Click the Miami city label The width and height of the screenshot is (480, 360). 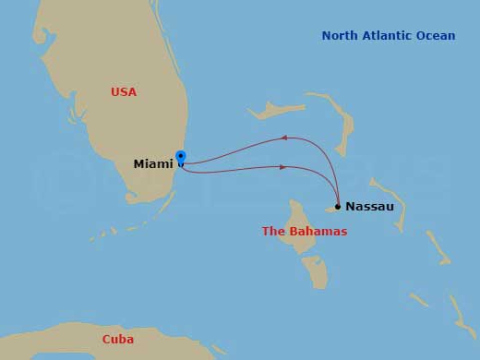[x=152, y=164]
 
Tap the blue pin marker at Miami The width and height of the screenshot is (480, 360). [x=181, y=157]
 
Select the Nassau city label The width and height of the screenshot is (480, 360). [x=369, y=207]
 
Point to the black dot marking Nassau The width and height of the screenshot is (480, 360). [x=338, y=207]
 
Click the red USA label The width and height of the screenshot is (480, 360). [x=124, y=92]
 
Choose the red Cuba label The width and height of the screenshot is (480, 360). [x=117, y=340]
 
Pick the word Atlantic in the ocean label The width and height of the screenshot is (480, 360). [x=391, y=36]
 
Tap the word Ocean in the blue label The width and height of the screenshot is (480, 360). [x=438, y=36]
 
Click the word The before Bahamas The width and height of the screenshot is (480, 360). [x=274, y=232]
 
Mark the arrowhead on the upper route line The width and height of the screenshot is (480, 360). [x=285, y=138]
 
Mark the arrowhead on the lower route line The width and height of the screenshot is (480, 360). [x=282, y=167]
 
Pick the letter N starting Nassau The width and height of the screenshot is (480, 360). [x=351, y=207]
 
